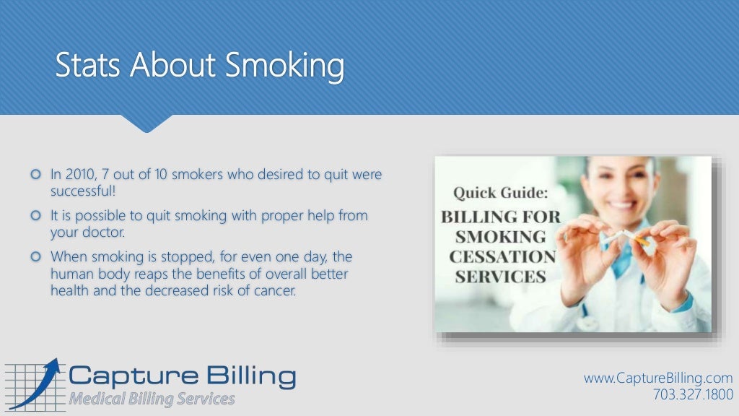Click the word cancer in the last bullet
click(x=274, y=291)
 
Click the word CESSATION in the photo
click(x=502, y=256)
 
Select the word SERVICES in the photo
click(x=498, y=277)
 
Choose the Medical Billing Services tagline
click(x=152, y=399)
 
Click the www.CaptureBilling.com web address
click(x=657, y=378)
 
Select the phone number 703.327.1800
click(x=692, y=394)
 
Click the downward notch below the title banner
click(x=147, y=123)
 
